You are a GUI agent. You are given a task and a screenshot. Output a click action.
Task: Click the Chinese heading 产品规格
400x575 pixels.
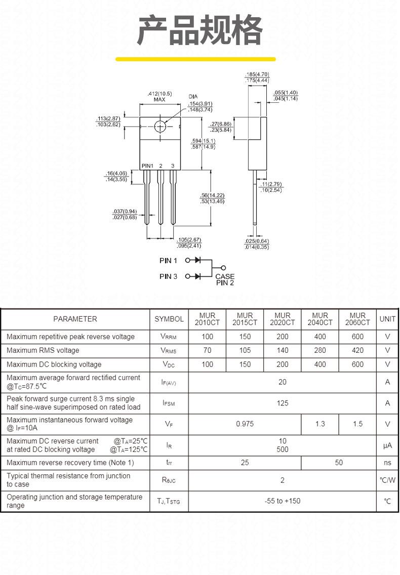199,30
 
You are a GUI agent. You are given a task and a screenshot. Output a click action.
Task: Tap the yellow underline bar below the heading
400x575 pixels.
195,59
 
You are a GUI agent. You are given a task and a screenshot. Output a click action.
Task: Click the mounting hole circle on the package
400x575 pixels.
160,127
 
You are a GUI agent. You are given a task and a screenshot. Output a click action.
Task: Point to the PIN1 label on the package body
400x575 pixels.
147,166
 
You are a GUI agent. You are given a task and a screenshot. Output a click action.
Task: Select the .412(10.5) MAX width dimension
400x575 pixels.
159,97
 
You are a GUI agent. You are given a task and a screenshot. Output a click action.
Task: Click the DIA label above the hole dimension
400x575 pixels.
193,97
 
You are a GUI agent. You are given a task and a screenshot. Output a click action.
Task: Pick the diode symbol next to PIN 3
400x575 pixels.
198,276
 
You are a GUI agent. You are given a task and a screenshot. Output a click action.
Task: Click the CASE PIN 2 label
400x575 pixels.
225,279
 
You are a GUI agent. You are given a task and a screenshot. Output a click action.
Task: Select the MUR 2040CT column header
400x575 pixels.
320,319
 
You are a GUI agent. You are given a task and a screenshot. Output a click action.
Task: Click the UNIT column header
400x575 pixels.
387,319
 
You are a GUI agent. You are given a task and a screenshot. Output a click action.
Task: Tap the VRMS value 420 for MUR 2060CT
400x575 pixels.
357,350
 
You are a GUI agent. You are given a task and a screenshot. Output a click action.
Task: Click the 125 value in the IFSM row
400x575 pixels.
282,403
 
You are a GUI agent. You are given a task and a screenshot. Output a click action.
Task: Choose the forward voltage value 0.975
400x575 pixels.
245,424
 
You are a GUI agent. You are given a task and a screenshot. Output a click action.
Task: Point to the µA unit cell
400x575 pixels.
387,445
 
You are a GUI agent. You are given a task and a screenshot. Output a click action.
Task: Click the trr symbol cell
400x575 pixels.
169,463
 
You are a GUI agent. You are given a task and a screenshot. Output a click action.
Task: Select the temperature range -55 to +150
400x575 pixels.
282,501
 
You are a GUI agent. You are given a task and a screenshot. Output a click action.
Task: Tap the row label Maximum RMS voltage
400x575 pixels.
43,351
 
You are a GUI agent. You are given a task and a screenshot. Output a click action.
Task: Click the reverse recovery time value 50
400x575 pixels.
339,463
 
